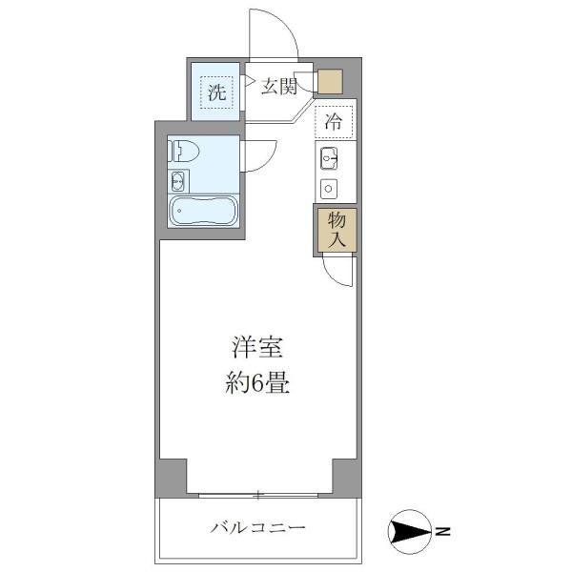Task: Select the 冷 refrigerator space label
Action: pyautogui.click(x=334, y=121)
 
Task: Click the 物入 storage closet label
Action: pyautogui.click(x=337, y=230)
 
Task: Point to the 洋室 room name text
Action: pyautogui.click(x=256, y=347)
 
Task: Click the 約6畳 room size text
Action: pyautogui.click(x=256, y=384)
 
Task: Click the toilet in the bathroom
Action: pyautogui.click(x=183, y=150)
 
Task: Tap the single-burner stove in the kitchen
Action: pyautogui.click(x=331, y=186)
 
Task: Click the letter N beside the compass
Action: pyautogui.click(x=443, y=530)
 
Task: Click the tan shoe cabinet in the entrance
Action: pyautogui.click(x=329, y=82)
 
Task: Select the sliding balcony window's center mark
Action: pyautogui.click(x=257, y=494)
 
